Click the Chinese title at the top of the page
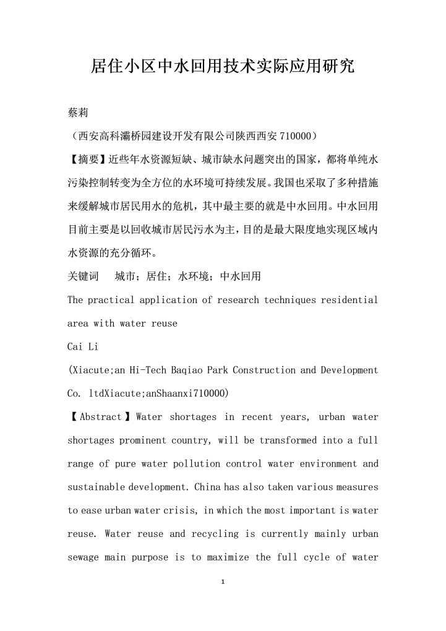click(223, 66)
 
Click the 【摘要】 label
click(87, 159)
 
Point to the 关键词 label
click(83, 277)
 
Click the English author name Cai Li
click(83, 347)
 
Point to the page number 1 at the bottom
click(223, 582)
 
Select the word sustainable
click(96, 487)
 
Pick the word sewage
click(83, 557)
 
